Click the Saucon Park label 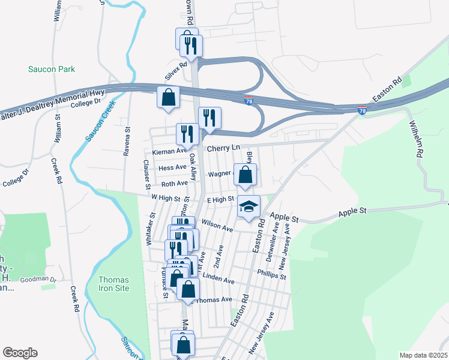click(52, 69)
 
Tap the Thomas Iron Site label click(113, 284)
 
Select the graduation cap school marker click(249, 207)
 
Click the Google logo click(20, 353)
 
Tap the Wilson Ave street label click(217, 225)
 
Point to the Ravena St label click(127, 142)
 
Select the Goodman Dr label click(38, 280)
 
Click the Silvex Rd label click(176, 70)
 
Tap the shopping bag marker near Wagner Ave click(245, 175)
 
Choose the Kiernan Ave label click(169, 152)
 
